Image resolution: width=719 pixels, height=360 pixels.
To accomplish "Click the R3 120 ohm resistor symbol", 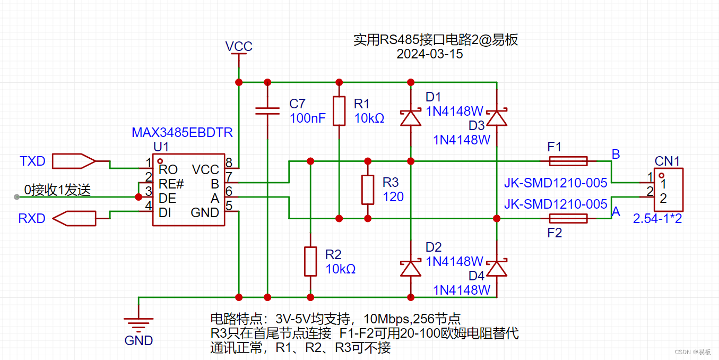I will [367, 190].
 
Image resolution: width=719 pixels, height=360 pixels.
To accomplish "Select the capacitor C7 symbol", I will [267, 110].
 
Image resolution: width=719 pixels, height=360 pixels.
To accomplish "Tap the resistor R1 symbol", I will [339, 111].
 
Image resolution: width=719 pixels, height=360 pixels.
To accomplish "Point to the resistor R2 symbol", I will [310, 261].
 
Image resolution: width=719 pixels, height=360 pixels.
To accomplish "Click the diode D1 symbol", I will [410, 117].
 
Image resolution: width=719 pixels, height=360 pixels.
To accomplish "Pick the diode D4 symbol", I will [497, 268].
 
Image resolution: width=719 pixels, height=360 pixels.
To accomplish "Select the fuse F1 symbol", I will [568, 161].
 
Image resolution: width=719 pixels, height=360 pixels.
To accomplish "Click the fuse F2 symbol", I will [568, 218].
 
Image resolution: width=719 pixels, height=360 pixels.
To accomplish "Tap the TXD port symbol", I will [74, 160].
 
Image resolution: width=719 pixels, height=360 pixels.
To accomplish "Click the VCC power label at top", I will [239, 47].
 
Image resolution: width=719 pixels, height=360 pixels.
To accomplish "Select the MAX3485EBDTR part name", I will [182, 132].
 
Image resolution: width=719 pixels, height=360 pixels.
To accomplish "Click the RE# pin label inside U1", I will [171, 184].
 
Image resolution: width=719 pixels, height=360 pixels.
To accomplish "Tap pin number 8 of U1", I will [229, 162].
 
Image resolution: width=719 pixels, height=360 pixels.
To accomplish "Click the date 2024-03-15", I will [429, 54].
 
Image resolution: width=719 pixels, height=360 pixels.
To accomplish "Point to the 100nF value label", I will [308, 118].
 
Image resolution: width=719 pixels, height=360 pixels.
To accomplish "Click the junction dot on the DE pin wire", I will [138, 197].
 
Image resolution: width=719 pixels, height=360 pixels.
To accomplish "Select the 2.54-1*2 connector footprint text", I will [657, 218].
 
